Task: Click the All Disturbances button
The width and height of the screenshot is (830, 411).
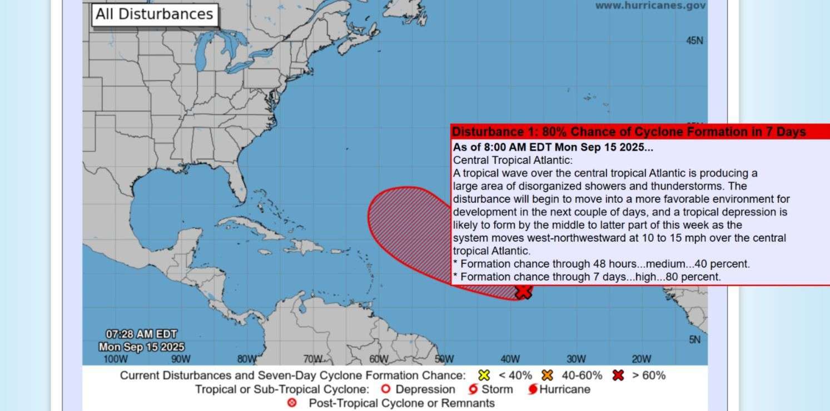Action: (155, 14)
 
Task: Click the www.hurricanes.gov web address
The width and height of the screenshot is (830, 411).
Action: (650, 6)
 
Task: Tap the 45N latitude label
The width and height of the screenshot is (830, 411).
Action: (694, 41)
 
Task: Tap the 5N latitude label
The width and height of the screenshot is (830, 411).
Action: (695, 339)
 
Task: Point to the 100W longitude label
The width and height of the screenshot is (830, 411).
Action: (116, 359)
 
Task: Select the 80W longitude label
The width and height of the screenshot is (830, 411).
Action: (247, 359)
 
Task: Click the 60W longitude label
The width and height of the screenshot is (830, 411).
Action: (379, 359)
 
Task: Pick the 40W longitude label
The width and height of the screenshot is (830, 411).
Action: (510, 359)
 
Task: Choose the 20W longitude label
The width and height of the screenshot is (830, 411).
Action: (641, 359)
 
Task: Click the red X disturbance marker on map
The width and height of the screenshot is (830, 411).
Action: (523, 292)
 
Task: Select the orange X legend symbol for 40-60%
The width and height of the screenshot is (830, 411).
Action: (548, 375)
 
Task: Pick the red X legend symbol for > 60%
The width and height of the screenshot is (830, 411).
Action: (618, 375)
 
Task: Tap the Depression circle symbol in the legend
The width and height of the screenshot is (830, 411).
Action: (385, 389)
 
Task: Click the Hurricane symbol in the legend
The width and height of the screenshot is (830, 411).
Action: (533, 389)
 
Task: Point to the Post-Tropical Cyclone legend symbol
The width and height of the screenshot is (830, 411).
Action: (292, 403)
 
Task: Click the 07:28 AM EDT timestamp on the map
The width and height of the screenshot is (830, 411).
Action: (141, 334)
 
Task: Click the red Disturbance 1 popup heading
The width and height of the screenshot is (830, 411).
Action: (628, 132)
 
